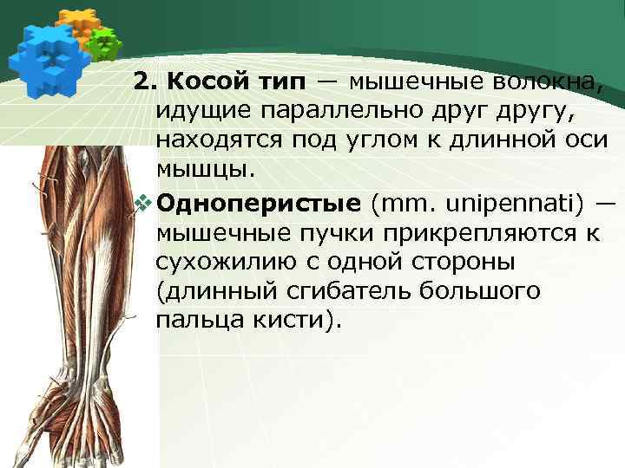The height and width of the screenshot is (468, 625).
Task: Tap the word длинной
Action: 488,140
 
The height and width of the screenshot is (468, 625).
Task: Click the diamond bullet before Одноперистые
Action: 144,204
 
